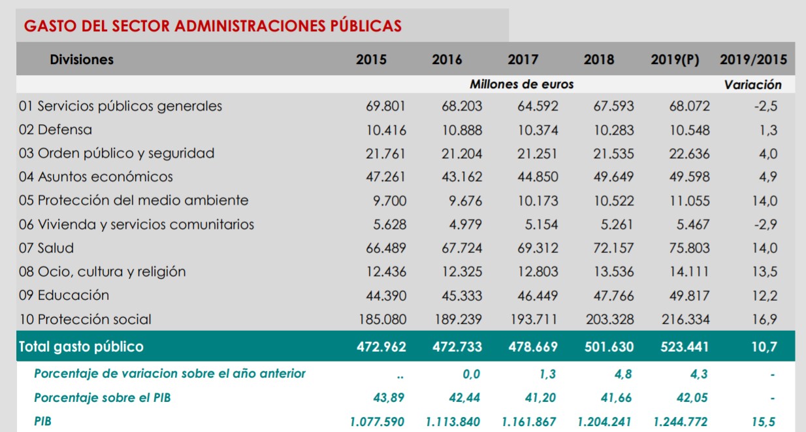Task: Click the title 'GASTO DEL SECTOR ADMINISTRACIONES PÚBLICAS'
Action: (x=212, y=26)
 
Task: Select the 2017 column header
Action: (x=523, y=59)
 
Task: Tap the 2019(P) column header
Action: (x=675, y=59)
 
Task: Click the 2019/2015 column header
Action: (x=753, y=59)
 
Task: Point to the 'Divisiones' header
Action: (x=82, y=59)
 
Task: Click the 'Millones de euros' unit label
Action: (x=521, y=84)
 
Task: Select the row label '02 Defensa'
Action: (x=56, y=129)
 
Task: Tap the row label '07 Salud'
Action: (x=46, y=248)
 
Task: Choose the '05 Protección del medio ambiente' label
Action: (x=134, y=201)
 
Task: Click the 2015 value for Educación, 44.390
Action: (x=385, y=295)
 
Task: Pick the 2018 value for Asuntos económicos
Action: (x=613, y=177)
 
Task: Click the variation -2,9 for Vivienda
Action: (x=765, y=224)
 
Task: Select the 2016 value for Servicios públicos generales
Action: (x=462, y=106)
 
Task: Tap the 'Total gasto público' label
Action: (x=81, y=346)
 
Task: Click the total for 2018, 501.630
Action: (x=608, y=346)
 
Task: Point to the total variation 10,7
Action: (x=764, y=346)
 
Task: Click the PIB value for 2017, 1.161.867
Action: (x=530, y=422)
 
